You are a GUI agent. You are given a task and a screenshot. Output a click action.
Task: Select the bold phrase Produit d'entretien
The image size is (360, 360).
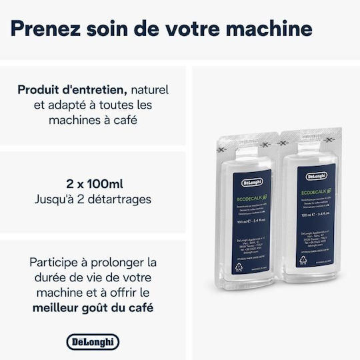pyautogui.click(x=73, y=89)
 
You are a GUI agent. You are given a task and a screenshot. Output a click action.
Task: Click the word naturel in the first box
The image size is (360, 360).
pyautogui.click(x=149, y=89)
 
